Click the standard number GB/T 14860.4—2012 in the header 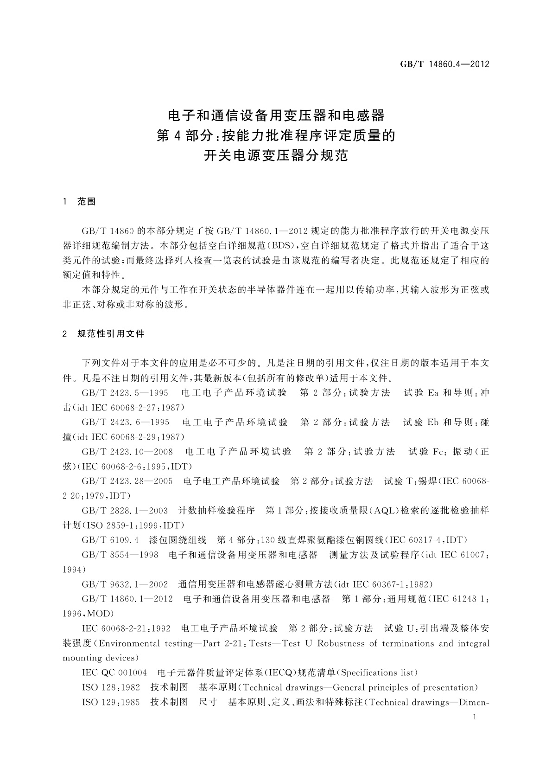coord(444,64)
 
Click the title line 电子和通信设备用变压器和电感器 coord(276,115)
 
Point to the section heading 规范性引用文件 coord(111,334)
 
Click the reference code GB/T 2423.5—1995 coord(125,393)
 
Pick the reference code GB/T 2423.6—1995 coord(125,422)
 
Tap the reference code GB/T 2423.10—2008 coord(127,451)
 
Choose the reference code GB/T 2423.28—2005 coord(127,481)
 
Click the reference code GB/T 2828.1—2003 coord(125,511)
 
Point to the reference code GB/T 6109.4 coord(110,540)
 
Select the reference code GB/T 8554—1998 coord(120,555)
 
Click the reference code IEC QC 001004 coord(114,672)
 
